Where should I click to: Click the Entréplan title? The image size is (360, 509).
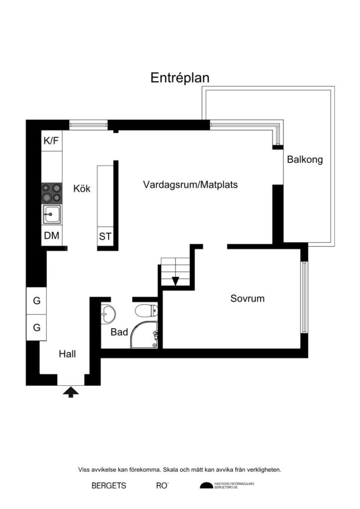coord(180,78)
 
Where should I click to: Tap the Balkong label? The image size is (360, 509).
coord(305,160)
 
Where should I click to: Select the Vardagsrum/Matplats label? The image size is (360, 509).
coord(190,185)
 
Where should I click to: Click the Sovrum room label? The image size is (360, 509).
coord(247,299)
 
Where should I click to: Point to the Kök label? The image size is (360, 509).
coord(82,189)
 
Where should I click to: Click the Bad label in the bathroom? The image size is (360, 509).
coord(119,332)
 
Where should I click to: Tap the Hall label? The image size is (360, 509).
coord(67,354)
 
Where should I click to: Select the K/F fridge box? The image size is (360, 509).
coord(51,141)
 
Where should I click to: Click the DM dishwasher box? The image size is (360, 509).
coord(51,236)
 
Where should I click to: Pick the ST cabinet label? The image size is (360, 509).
coord(105,237)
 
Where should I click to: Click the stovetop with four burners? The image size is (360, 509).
coord(52,193)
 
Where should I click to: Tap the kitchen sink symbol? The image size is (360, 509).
coord(52,215)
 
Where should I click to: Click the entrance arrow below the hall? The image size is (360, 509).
coord(71,392)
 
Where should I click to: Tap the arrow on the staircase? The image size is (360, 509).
coord(175,281)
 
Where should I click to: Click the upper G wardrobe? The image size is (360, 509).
coord(37,301)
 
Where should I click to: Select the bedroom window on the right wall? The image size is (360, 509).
coord(304,297)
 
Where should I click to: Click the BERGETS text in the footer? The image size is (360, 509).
coord(108,486)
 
